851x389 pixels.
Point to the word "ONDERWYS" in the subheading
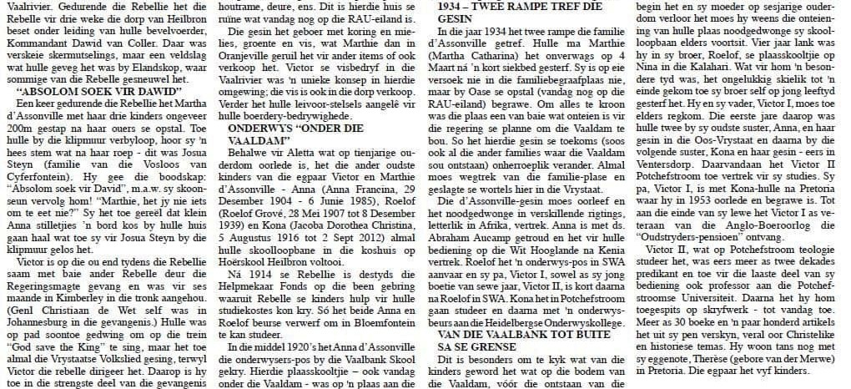click(254, 129)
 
